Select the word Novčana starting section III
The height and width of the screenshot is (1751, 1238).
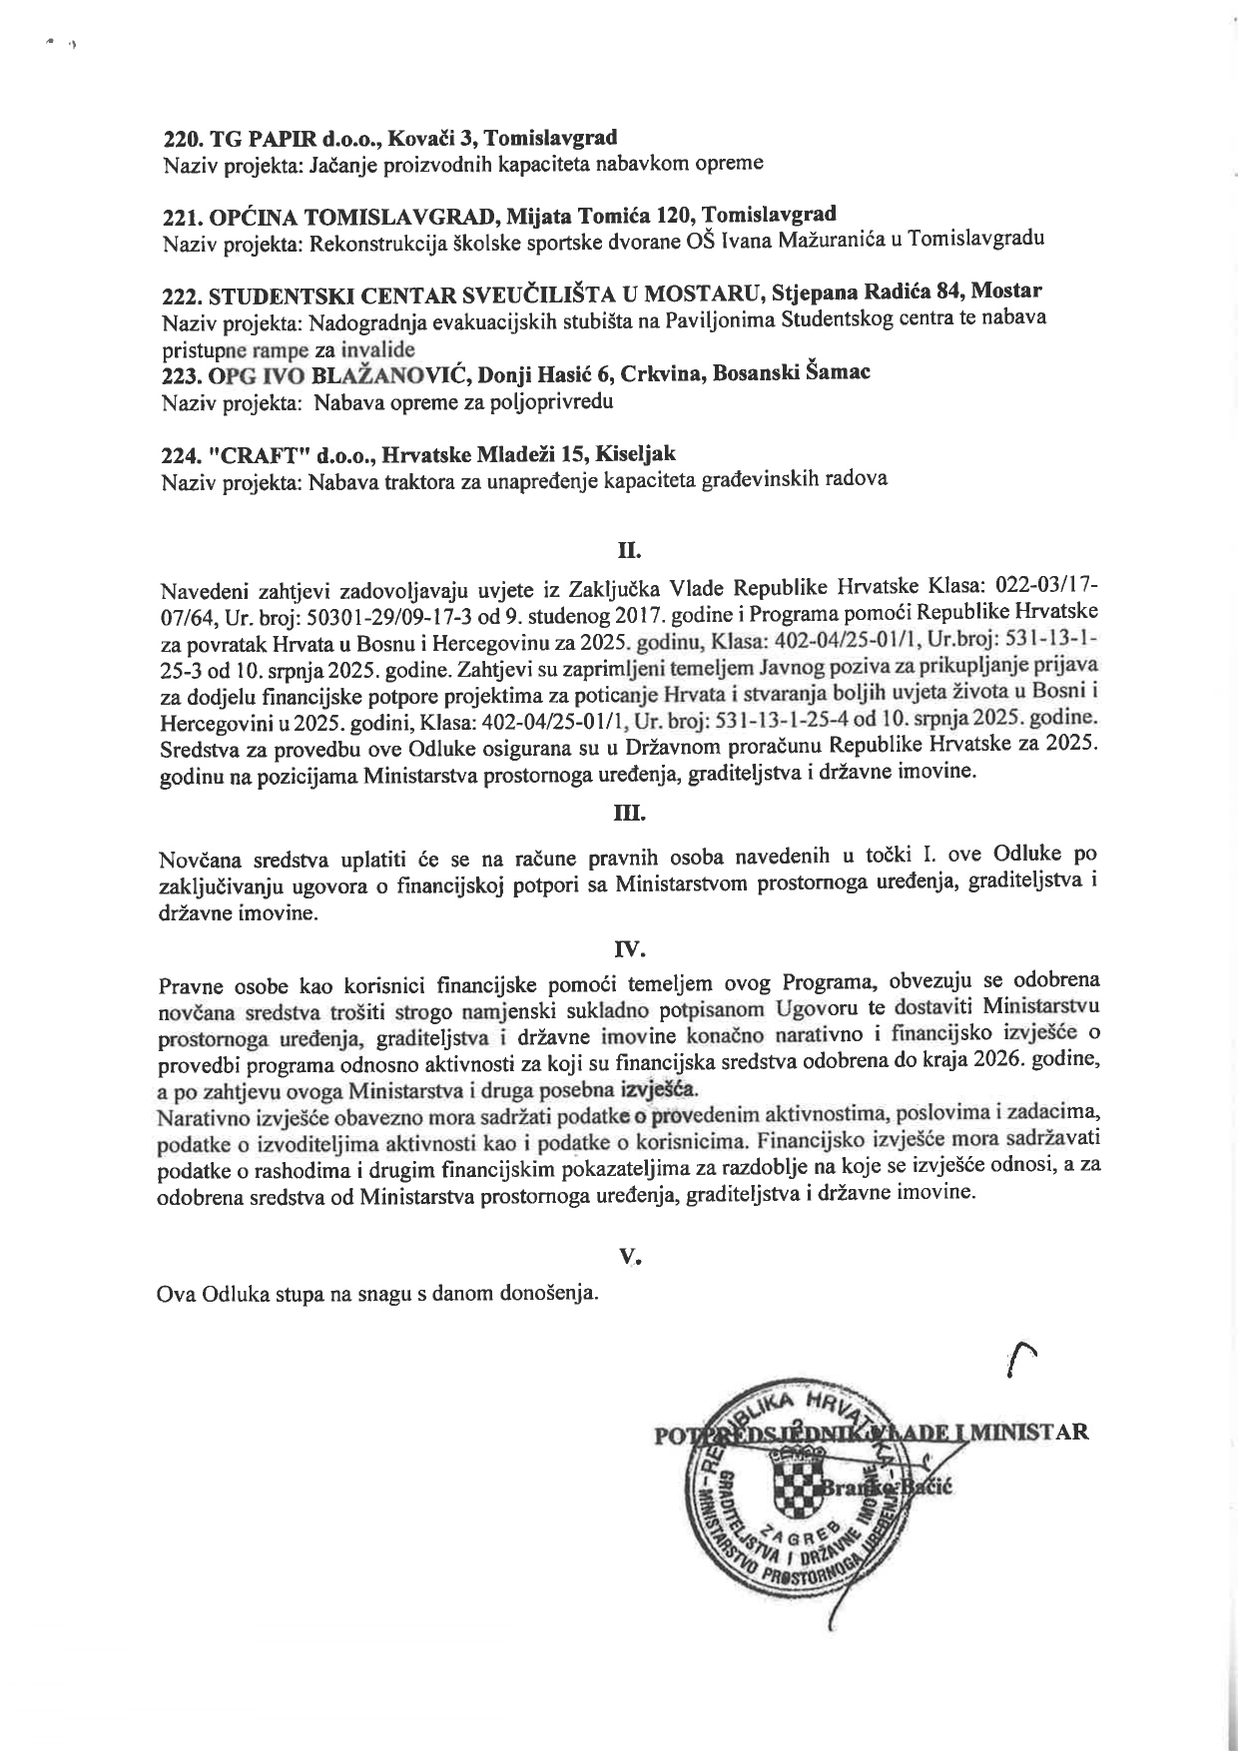(x=196, y=860)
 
